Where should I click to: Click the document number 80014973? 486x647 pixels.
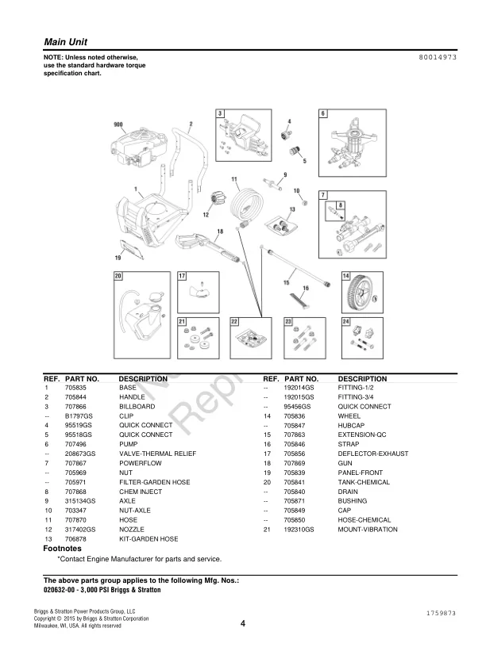point(437,59)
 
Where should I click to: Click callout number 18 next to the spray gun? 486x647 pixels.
point(220,232)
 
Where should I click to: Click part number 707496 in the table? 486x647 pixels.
point(77,444)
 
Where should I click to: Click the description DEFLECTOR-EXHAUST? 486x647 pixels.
point(373,454)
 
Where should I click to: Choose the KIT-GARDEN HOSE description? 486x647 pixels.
point(148,538)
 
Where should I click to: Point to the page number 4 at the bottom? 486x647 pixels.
point(242,623)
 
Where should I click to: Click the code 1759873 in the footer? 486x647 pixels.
point(440,613)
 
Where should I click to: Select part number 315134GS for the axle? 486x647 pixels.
point(79,501)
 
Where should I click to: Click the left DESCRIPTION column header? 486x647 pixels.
point(143,379)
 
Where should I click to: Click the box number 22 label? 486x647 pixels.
point(234,322)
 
